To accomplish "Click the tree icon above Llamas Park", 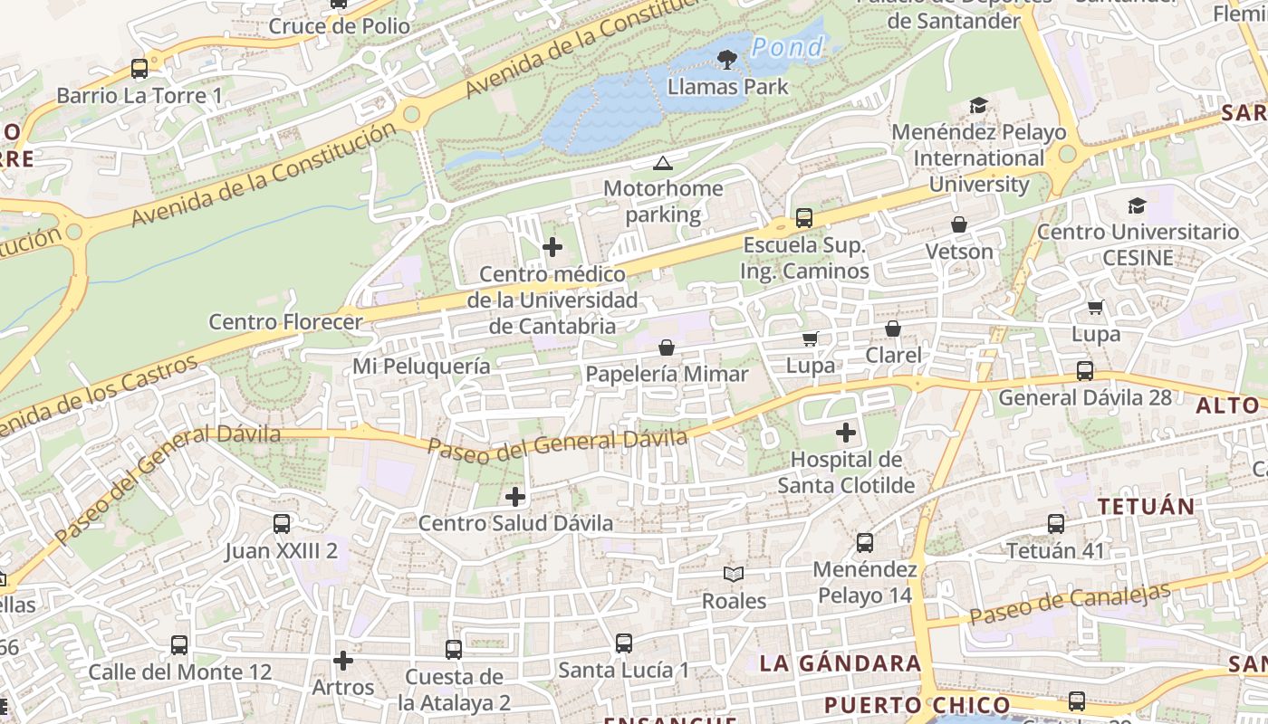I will point(726,60).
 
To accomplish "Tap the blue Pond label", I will point(788,46).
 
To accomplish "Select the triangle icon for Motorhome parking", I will point(663,164).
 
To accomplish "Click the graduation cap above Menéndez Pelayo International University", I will point(978,106).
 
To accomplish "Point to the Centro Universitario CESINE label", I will point(1138,245).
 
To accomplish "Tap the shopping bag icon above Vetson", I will point(959,224).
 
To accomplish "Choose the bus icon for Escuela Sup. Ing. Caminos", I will point(803,218).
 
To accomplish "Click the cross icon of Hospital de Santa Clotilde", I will point(846,433).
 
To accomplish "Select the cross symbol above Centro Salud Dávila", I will point(515,497).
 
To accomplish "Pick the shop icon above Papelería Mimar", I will point(667,348).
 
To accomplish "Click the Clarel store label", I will point(893,356).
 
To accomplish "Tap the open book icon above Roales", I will point(734,574).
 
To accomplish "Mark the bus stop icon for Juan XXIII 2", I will point(282,524).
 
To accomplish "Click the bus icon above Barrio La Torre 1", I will point(139,69).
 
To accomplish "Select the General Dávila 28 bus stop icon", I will point(1085,371).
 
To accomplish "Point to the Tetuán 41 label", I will point(1055,550).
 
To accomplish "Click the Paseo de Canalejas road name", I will point(1069,604).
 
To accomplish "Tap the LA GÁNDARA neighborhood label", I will point(840,663).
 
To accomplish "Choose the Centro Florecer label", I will point(285,322).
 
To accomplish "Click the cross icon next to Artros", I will point(342,661).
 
